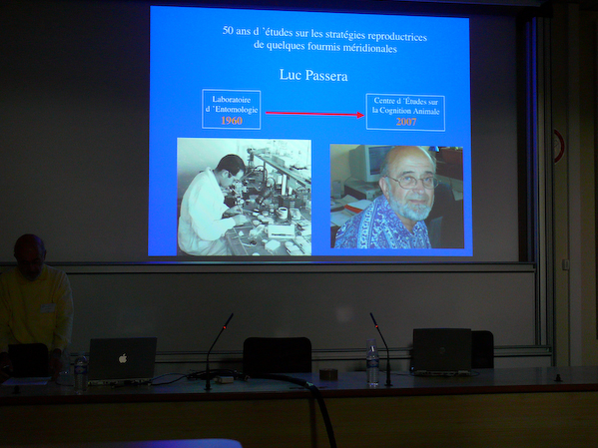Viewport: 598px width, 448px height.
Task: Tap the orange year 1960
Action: coord(231,121)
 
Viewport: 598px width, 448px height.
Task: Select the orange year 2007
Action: coord(404,121)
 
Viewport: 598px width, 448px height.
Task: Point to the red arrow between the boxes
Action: coord(313,113)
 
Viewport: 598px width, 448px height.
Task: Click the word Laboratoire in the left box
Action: coord(231,99)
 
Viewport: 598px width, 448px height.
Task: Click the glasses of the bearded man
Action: coord(412,182)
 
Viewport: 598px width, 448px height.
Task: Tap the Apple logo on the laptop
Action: coord(123,357)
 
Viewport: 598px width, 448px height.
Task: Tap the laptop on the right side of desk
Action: coord(441,350)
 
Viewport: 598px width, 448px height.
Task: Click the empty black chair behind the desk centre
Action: coord(277,355)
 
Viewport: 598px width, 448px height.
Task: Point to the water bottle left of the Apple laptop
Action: coord(81,370)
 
